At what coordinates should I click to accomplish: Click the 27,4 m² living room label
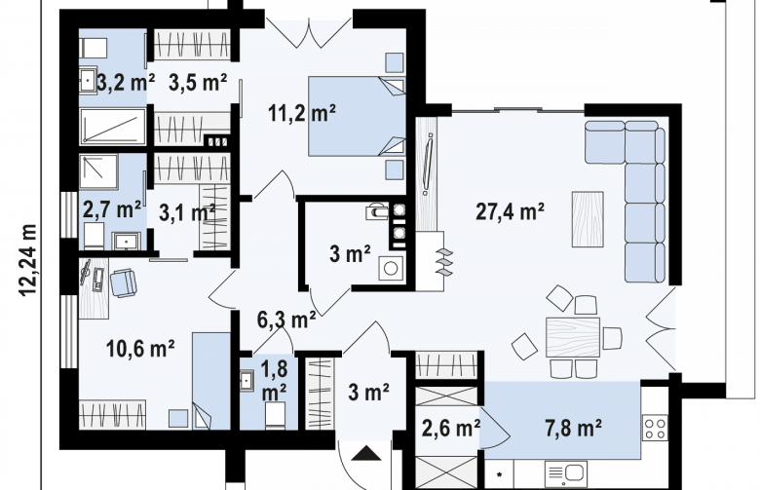tap(510, 211)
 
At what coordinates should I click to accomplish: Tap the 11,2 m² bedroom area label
tap(302, 113)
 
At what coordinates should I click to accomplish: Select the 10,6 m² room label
tap(140, 348)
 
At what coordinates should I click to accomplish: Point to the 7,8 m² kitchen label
tap(573, 428)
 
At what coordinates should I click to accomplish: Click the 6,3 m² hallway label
tap(286, 320)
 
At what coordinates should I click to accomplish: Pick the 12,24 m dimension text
tap(28, 260)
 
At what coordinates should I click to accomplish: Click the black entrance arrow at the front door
tap(366, 453)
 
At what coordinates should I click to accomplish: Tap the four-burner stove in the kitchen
tap(655, 428)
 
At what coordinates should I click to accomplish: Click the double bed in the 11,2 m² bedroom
tap(357, 116)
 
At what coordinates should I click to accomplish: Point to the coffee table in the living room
tap(588, 219)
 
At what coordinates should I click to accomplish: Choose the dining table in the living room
tap(573, 337)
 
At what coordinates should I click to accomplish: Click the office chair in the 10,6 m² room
tap(124, 283)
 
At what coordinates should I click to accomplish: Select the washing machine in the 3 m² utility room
tap(391, 268)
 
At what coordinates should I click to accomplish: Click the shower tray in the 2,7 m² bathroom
tap(98, 172)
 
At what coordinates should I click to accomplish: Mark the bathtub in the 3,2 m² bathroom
tap(113, 126)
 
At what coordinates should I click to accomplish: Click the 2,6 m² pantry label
tap(451, 428)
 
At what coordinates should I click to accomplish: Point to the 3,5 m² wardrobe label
tap(198, 83)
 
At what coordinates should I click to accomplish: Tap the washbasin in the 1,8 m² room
tap(247, 380)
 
